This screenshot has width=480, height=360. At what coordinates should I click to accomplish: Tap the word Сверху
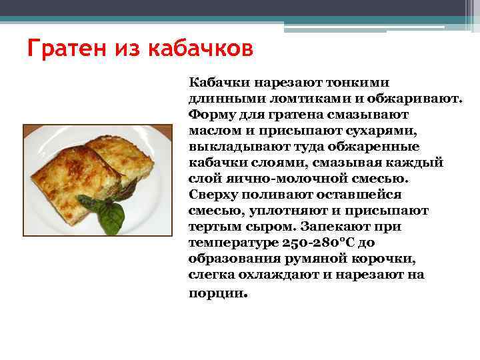[x=213, y=195]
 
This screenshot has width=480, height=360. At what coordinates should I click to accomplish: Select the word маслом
[x=213, y=131]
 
